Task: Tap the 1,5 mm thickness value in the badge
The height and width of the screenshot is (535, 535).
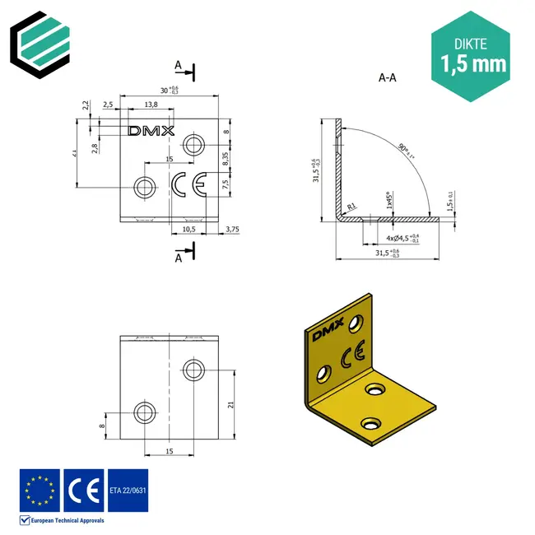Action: (473, 63)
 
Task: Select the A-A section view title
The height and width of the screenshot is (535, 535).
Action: (388, 78)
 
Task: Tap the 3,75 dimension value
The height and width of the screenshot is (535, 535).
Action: (232, 230)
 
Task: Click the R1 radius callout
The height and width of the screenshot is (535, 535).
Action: (351, 206)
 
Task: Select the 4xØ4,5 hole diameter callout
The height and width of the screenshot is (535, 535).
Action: (402, 238)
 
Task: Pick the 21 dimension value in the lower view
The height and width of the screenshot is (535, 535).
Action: (232, 404)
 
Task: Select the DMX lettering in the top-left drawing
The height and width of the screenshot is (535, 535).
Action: (151, 130)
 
